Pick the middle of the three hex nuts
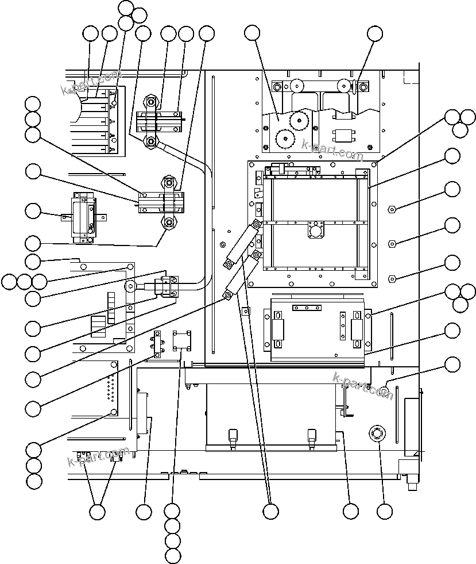(392, 243)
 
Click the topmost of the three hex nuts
(392, 208)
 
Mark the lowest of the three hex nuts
(392, 279)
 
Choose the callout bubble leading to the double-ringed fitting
(385, 511)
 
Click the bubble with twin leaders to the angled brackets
(270, 511)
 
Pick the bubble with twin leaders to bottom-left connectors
(98, 511)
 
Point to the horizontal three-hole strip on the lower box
(307, 308)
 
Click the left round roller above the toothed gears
(297, 86)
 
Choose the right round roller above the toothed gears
(343, 86)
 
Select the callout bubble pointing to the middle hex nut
(452, 225)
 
